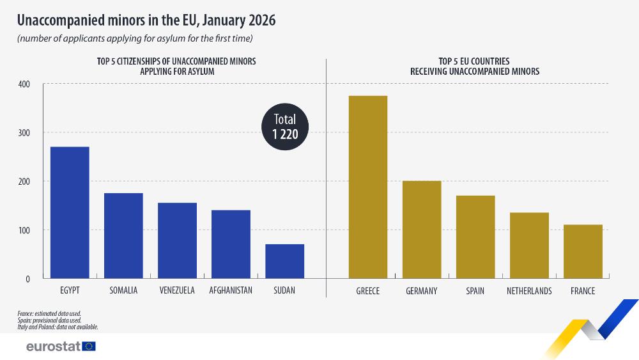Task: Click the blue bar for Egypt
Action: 70,212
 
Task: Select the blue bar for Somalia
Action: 123,235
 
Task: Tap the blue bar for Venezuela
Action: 177,240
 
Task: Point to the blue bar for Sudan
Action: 284,261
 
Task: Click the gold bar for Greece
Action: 367,187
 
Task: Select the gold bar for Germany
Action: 421,230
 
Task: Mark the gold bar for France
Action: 583,251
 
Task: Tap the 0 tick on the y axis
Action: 27,279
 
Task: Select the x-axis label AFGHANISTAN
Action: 231,291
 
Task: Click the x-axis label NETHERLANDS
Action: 529,291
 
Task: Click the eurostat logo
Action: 61,346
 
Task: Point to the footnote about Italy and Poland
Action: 58,327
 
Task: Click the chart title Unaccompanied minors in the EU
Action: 146,20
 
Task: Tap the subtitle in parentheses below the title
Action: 135,39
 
